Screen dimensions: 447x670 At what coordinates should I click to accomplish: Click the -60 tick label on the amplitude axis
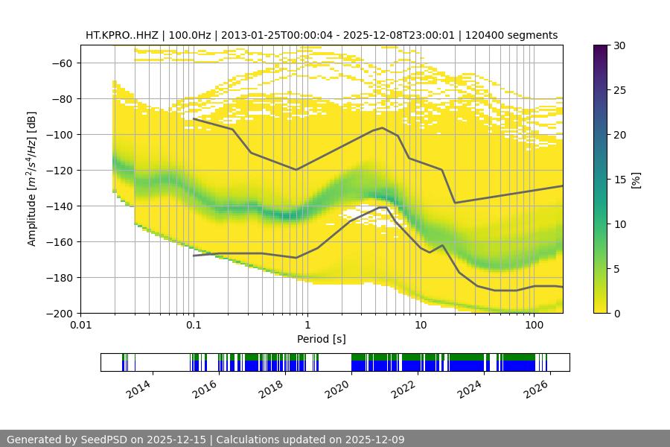[x=63, y=63]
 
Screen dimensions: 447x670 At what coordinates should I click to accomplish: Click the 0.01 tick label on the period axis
[x=80, y=326]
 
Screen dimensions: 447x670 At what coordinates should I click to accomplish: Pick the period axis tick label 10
[x=421, y=326]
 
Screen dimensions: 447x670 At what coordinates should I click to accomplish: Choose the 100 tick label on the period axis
[x=534, y=326]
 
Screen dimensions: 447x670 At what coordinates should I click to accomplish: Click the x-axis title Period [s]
[x=321, y=339]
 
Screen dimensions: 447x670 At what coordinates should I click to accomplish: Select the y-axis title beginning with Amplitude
[x=32, y=179]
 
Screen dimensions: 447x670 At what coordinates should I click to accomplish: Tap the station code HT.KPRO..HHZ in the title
[x=121, y=35]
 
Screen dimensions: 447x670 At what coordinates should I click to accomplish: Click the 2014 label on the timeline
[x=138, y=388]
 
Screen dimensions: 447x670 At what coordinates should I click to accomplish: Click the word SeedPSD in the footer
[x=105, y=440]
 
